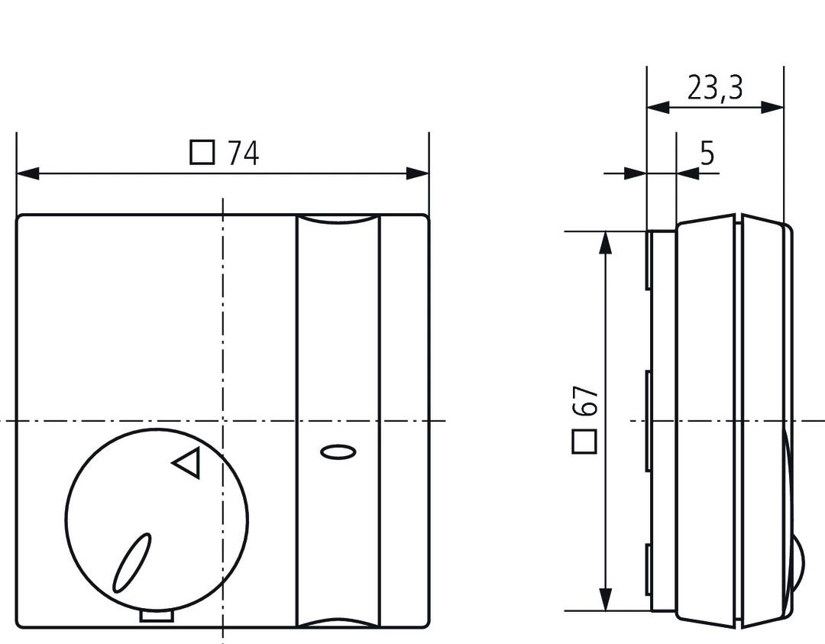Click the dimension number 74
pyautogui.click(x=244, y=154)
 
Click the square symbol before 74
pyautogui.click(x=202, y=153)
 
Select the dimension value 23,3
pyautogui.click(x=714, y=89)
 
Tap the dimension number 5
pyautogui.click(x=707, y=154)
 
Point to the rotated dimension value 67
pyautogui.click(x=585, y=400)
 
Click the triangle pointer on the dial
pyautogui.click(x=187, y=463)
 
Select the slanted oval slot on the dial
pyautogui.click(x=132, y=563)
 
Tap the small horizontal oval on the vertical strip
pyautogui.click(x=338, y=452)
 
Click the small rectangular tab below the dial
pyautogui.click(x=157, y=615)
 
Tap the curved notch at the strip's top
pyautogui.click(x=338, y=221)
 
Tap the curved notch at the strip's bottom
pyautogui.click(x=338, y=622)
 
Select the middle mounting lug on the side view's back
pyautogui.click(x=648, y=420)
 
